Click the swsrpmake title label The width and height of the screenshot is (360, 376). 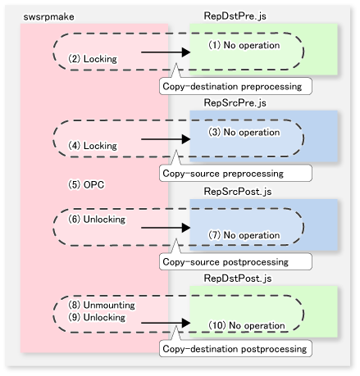point(48,17)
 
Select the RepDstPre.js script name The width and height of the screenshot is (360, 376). point(235,16)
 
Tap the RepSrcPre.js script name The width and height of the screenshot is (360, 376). point(235,103)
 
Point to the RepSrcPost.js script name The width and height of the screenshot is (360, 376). point(238,192)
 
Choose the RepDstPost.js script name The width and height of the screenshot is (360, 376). point(238,279)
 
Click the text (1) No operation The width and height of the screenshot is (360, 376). point(244,45)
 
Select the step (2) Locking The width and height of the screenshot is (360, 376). point(93,59)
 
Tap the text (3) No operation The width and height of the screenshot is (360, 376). point(244,132)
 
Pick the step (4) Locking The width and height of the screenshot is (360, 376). point(93,146)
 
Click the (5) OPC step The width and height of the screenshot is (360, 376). point(86,185)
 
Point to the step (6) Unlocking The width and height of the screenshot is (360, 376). point(97,219)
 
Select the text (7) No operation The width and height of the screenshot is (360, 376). point(244,235)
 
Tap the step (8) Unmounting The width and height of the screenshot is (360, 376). point(102,305)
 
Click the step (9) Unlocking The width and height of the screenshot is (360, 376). point(97,317)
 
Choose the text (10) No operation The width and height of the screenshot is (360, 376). point(247,325)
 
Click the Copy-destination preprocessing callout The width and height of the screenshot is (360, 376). point(235,86)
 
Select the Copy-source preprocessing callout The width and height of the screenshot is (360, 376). point(235,173)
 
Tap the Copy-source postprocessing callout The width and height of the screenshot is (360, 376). point(235,261)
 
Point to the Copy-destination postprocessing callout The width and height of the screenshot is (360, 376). point(235,348)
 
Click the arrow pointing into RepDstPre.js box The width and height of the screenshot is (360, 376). point(166,52)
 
